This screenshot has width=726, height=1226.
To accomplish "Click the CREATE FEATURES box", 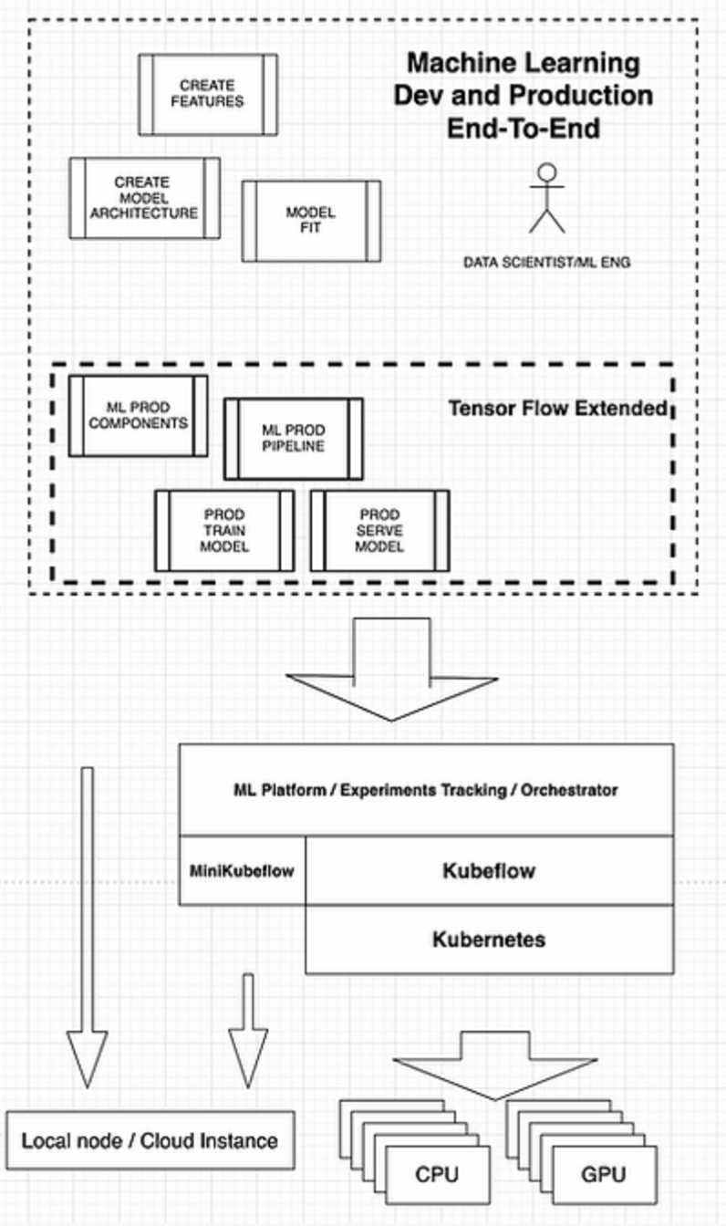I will tap(208, 93).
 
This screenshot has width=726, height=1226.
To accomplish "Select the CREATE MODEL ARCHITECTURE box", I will tap(145, 198).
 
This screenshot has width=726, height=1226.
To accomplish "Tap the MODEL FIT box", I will tap(311, 220).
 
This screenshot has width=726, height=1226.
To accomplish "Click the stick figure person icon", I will tap(547, 197).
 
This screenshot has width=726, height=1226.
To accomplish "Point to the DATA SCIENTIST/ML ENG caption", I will tap(546, 263).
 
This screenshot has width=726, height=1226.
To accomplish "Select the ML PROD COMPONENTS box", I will tap(139, 415).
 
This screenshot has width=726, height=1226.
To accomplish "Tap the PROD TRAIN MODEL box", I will tap(224, 531).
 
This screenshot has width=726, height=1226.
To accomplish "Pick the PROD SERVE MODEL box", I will tap(380, 531).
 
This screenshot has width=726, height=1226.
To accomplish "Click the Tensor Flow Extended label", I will tap(557, 408).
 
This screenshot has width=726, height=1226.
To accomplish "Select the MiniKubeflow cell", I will tap(242, 870).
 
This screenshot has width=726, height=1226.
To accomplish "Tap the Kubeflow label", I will tap(489, 870).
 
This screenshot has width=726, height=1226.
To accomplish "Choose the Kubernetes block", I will tap(489, 939).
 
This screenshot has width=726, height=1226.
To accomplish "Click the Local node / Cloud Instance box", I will tap(150, 1140).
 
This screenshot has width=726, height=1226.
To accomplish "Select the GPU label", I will tap(603, 1174).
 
